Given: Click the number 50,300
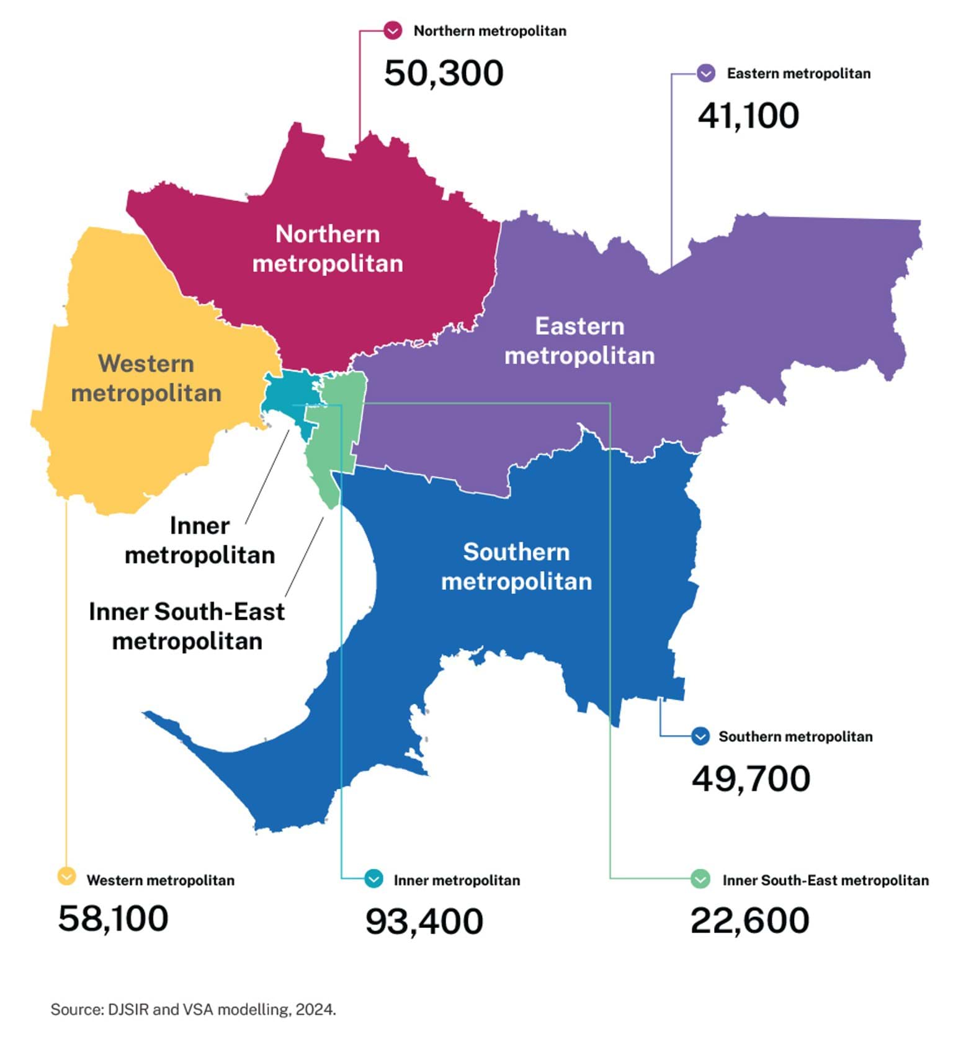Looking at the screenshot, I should click(443, 73).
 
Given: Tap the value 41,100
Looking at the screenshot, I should click(748, 116).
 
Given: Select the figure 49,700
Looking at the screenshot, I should click(751, 778).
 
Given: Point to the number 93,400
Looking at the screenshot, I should click(424, 921).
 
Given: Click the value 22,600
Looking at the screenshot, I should click(749, 921).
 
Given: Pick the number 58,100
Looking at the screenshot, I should click(113, 919).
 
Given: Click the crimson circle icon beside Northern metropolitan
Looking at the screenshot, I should click(392, 30).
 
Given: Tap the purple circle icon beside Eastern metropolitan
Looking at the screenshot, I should click(705, 73).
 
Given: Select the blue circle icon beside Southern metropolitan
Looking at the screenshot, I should click(700, 736).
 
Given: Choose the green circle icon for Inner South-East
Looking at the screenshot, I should click(700, 879).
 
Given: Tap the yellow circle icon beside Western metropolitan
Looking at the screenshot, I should click(66, 876).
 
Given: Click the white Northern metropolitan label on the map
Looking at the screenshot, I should click(328, 249).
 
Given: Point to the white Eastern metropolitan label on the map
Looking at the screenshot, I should click(579, 341).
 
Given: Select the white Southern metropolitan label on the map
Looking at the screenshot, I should click(516, 566).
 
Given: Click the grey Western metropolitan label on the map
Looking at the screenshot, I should click(146, 378).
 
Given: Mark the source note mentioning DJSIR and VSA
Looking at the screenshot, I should click(193, 1009).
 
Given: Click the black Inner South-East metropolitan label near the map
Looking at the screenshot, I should click(187, 626).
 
